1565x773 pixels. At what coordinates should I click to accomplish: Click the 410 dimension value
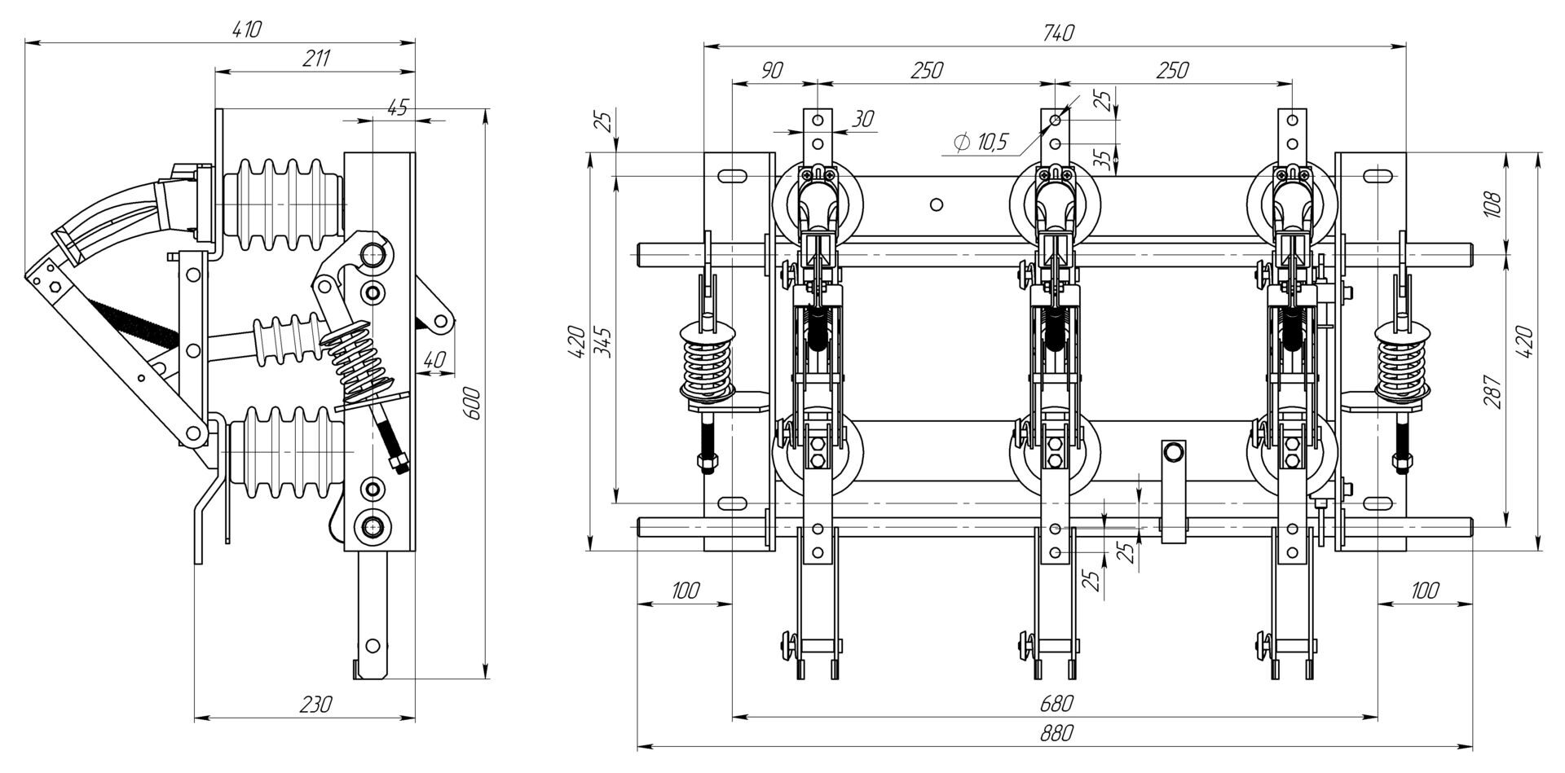(x=247, y=30)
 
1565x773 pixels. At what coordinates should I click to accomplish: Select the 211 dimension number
(x=316, y=59)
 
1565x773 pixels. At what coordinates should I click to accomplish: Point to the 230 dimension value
(x=315, y=705)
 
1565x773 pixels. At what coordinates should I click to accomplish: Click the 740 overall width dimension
(x=1057, y=33)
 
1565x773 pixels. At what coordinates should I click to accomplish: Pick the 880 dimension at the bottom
(x=1057, y=733)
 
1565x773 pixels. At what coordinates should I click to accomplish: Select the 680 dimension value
(x=1057, y=703)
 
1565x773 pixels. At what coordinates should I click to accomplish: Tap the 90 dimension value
(x=771, y=70)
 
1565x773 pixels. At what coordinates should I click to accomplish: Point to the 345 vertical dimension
(x=603, y=342)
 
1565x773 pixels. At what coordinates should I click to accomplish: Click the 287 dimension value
(x=1491, y=391)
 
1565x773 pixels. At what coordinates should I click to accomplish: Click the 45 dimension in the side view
(x=397, y=107)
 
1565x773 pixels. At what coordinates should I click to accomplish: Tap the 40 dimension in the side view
(x=436, y=359)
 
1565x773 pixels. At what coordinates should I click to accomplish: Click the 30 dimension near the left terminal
(x=862, y=119)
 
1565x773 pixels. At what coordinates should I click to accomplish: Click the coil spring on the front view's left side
(x=708, y=362)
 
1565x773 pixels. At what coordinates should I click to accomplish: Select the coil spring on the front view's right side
(x=1402, y=362)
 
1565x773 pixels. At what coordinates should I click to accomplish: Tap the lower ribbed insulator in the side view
(x=285, y=451)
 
